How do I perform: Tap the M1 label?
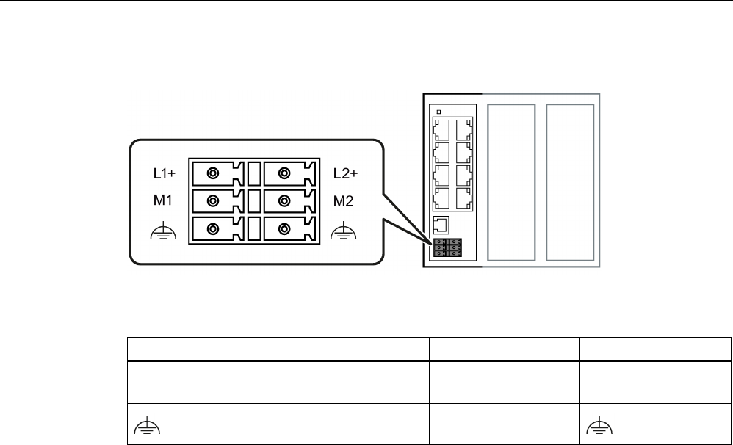[x=162, y=200]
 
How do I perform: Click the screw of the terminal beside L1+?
[x=212, y=174]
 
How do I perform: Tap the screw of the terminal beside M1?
[x=212, y=200]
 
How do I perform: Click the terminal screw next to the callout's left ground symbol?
[x=212, y=228]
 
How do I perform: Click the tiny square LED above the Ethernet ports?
[x=438, y=112]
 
